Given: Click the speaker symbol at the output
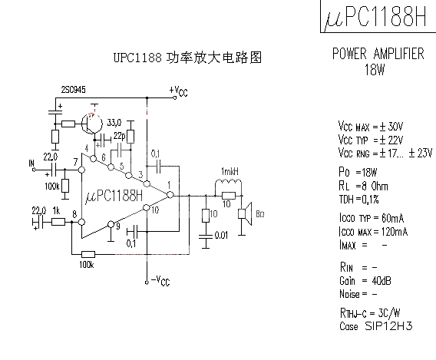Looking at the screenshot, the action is pyautogui.click(x=245, y=214).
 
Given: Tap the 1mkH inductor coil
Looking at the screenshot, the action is pyautogui.click(x=228, y=181).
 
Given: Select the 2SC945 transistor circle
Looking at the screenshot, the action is pyautogui.click(x=92, y=123).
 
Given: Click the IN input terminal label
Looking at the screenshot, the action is pyautogui.click(x=31, y=163).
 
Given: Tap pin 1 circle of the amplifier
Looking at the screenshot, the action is pyautogui.click(x=170, y=195).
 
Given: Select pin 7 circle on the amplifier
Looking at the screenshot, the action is pyautogui.click(x=81, y=170).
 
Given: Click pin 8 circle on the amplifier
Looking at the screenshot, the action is pyautogui.click(x=81, y=222).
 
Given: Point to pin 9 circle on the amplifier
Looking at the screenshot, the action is pyautogui.click(x=111, y=224).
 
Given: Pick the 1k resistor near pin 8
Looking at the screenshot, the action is pyautogui.click(x=58, y=222).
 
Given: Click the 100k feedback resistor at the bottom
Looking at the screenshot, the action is pyautogui.click(x=88, y=254).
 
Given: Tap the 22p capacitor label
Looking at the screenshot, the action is pyautogui.click(x=120, y=136).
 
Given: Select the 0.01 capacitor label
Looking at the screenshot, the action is pyautogui.click(x=221, y=236).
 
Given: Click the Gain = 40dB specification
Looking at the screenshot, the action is pyautogui.click(x=365, y=281).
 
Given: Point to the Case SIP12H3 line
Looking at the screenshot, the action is pyautogui.click(x=375, y=325).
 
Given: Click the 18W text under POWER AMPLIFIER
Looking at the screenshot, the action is pyautogui.click(x=375, y=69).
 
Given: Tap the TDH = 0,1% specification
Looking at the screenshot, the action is pyautogui.click(x=358, y=200).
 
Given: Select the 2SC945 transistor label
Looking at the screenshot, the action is pyautogui.click(x=74, y=90).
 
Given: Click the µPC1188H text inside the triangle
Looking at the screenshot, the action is pyautogui.click(x=114, y=196).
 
